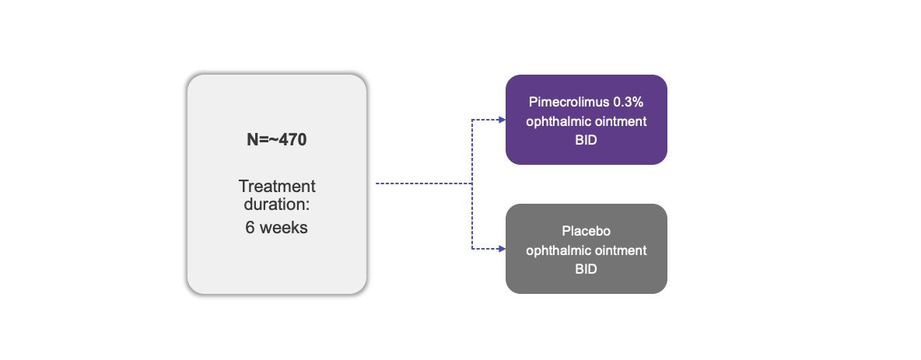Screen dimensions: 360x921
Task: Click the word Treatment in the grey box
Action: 277,187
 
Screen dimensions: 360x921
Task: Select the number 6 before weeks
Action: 249,229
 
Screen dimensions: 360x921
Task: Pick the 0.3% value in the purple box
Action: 625,103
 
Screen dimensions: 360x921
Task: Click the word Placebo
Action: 586,232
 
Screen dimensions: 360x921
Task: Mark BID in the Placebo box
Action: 586,268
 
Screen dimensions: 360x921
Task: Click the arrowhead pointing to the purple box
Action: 500,120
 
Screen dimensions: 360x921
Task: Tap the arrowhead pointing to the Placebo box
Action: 500,249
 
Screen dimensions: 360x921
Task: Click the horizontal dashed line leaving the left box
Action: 424,183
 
